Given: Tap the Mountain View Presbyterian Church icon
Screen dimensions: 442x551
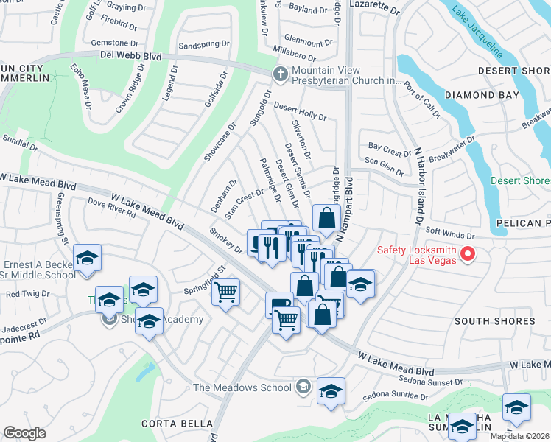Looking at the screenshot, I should (280, 74).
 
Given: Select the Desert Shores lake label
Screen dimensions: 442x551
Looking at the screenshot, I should (520, 180).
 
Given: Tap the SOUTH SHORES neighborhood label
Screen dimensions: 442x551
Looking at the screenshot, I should (494, 321).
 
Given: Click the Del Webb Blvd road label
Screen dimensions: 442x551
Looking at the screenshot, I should (131, 55).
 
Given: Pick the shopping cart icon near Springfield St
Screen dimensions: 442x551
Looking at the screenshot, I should (226, 292).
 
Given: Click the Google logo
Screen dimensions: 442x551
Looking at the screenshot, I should (24, 433).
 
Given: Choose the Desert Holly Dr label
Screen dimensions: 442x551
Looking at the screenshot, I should (300, 111).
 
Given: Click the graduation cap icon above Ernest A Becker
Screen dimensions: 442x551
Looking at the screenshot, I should (88, 258).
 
